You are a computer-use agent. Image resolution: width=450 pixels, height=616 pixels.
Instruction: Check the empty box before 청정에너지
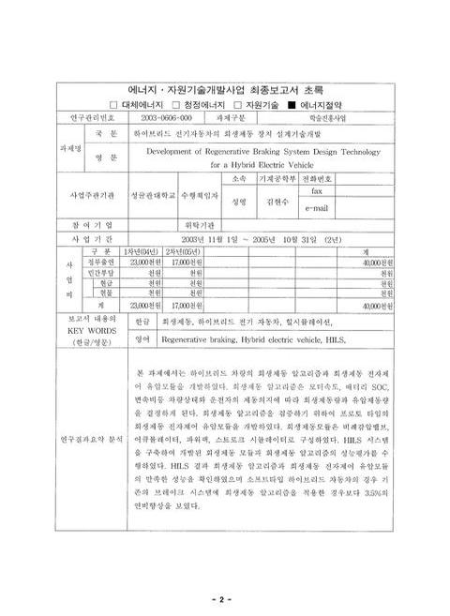tap(173, 105)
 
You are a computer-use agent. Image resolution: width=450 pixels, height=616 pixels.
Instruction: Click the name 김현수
tap(275, 200)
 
